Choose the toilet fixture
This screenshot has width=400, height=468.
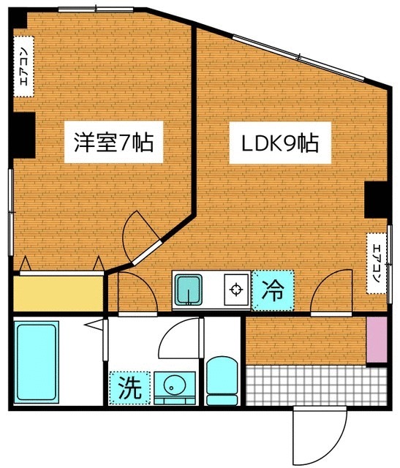(223, 380)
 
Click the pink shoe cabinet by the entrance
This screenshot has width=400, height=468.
(375, 340)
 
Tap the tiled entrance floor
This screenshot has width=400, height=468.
(314, 386)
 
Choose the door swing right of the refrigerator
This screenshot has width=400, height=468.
(333, 291)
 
